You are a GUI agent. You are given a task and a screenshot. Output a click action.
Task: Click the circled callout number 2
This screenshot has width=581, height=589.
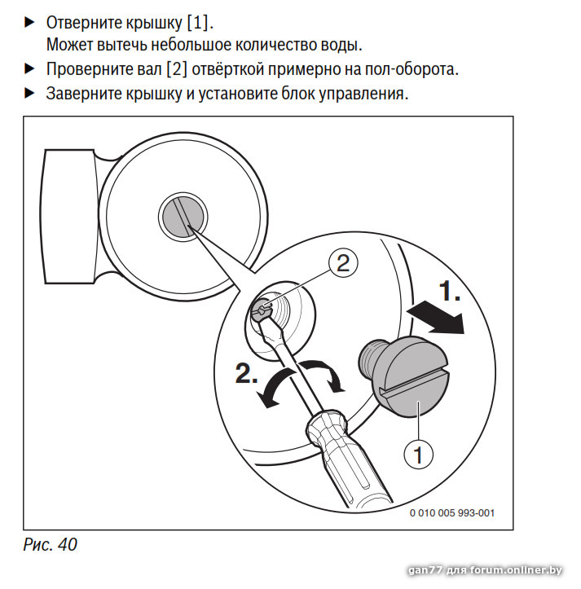tap(343, 263)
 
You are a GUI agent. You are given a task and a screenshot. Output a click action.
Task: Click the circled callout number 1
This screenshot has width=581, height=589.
tap(418, 454)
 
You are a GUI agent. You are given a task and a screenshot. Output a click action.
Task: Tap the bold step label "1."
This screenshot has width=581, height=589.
tap(450, 291)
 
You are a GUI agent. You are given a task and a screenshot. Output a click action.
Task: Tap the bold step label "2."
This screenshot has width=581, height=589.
tap(247, 373)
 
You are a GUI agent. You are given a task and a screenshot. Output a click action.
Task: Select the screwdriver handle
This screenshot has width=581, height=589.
tap(348, 460)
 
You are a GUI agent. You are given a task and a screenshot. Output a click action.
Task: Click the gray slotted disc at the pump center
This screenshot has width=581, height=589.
tap(183, 217)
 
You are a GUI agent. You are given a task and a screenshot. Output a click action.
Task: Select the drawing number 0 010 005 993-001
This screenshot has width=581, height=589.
tap(451, 513)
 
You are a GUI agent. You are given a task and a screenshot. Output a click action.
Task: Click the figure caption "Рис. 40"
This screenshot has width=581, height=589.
tap(50, 544)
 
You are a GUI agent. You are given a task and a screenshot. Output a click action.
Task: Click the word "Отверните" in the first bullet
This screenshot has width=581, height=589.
tap(84, 23)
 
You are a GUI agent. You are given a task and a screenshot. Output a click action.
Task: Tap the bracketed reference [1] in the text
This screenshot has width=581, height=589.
tap(198, 23)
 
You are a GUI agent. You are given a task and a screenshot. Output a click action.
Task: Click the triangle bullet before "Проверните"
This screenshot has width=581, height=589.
tap(29, 69)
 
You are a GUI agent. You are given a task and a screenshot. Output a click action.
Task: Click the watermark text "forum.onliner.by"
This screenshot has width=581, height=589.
tap(516, 570)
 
